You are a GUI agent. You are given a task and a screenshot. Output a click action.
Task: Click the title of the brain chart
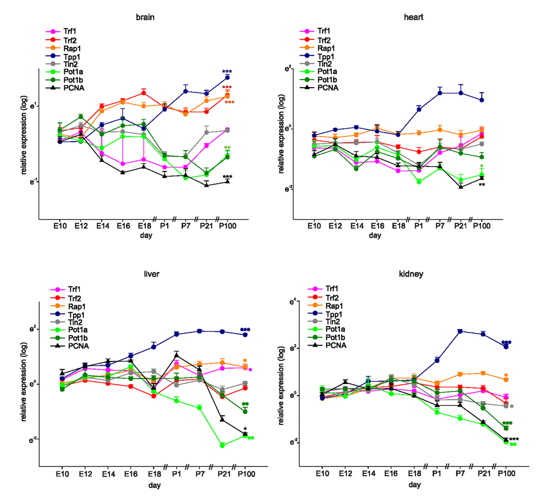[x=145, y=17]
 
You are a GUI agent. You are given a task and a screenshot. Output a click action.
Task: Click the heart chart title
[x=414, y=17]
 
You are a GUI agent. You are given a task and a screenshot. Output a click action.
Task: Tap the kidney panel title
[x=415, y=274]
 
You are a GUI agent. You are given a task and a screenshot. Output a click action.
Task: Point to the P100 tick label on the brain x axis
[x=227, y=226]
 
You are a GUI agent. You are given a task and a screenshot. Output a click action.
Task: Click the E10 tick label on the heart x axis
[x=314, y=226]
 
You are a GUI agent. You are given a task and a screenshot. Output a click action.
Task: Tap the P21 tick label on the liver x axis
[x=223, y=473]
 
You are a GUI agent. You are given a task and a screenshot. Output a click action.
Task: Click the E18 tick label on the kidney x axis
[x=414, y=473]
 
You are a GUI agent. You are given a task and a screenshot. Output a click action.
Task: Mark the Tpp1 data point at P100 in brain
[x=227, y=78]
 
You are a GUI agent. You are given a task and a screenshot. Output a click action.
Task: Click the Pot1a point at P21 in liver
[x=222, y=445]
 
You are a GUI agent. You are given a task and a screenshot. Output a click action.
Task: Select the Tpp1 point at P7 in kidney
[x=460, y=331]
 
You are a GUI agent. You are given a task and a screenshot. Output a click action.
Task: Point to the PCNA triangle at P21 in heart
[x=460, y=187]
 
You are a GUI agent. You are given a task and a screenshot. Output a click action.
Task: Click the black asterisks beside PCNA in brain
[x=227, y=177]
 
